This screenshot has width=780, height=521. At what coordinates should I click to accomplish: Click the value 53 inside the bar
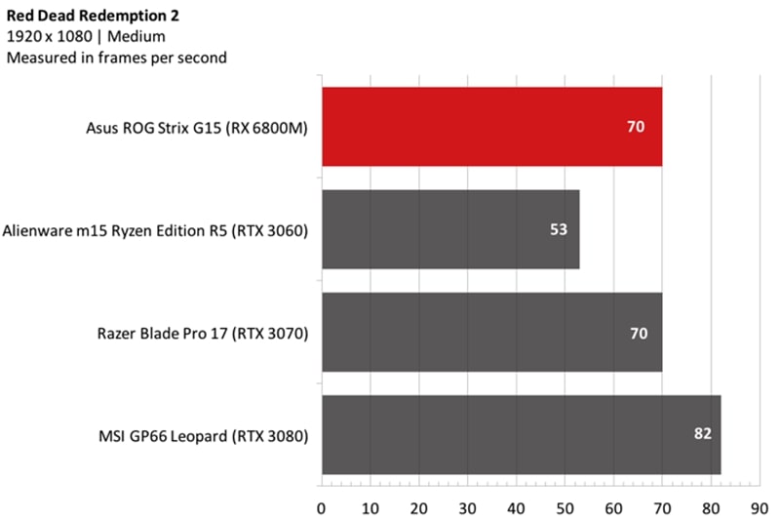[x=557, y=230]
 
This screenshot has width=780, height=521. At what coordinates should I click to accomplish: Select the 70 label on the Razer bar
[x=639, y=333]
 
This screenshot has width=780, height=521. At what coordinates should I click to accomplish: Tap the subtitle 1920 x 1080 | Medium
[x=86, y=37]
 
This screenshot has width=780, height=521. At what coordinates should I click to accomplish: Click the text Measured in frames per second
[x=116, y=58]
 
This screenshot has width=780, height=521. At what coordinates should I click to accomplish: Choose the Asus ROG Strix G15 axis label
[x=197, y=127]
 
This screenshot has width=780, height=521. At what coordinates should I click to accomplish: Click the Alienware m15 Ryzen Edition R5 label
[x=155, y=230]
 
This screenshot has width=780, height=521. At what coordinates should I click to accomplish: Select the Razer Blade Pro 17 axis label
[x=203, y=333]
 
